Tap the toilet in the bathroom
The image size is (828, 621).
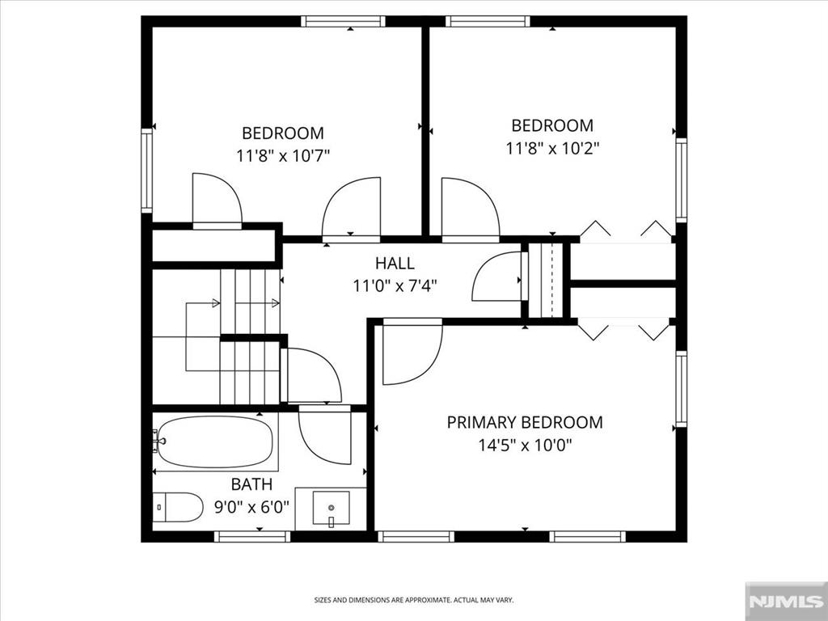tap(179, 507)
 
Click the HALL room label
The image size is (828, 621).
tap(395, 264)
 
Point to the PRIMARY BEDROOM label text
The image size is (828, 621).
tap(525, 422)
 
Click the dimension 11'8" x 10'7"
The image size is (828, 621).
tap(283, 155)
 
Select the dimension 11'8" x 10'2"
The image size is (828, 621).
tap(552, 148)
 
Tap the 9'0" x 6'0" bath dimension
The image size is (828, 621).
tap(251, 508)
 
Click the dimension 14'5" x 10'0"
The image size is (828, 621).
tap(525, 445)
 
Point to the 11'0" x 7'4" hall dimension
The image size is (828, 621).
tap(395, 285)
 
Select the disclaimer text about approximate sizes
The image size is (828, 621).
tap(413, 600)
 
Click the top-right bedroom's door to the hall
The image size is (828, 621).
tap(469, 209)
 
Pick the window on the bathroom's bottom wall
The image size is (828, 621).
tap(252, 536)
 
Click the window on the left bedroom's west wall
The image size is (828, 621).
tap(146, 171)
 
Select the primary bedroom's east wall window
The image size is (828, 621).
tap(682, 389)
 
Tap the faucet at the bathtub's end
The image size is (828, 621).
tap(158, 441)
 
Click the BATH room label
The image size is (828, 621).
tap(251, 485)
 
